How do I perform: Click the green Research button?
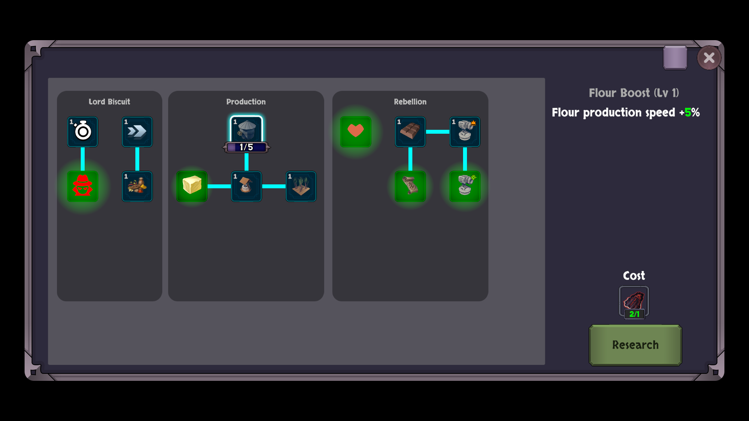click(x=635, y=345)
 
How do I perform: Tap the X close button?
click(x=709, y=58)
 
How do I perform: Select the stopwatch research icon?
click(x=83, y=132)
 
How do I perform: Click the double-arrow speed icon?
click(x=137, y=132)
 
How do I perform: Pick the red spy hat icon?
click(x=83, y=186)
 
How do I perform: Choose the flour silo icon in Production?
click(x=247, y=129)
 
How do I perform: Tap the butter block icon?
click(x=192, y=186)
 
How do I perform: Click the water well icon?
click(x=247, y=186)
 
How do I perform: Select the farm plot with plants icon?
click(x=301, y=186)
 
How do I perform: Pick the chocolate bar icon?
click(x=410, y=132)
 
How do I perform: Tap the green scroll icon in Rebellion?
click(x=410, y=186)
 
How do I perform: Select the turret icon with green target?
click(x=465, y=186)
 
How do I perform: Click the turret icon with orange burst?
click(x=465, y=132)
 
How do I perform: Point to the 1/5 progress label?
click(x=246, y=147)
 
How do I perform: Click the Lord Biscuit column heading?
click(x=109, y=102)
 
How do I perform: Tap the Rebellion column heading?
click(x=410, y=102)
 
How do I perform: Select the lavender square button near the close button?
click(x=675, y=58)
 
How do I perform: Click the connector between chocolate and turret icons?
click(x=438, y=132)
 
